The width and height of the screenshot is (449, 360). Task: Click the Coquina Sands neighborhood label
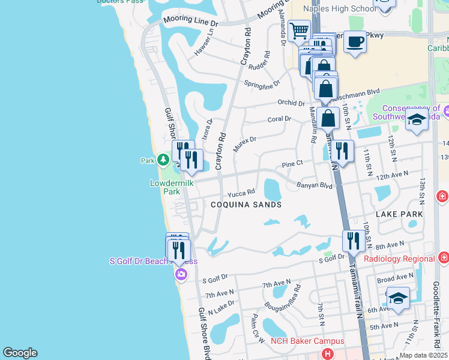(x=246, y=204)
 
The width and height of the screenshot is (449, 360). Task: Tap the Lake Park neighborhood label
(x=399, y=214)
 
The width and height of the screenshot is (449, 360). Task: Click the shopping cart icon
(x=298, y=30)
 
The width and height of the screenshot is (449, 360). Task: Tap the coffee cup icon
(x=355, y=41)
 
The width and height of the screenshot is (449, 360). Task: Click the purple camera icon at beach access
(x=181, y=275)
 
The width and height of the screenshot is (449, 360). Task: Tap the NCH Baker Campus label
(x=298, y=341)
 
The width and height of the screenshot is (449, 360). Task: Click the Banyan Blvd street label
(x=315, y=186)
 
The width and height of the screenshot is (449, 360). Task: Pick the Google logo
(x=20, y=353)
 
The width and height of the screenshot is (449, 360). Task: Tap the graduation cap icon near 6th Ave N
(x=398, y=298)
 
